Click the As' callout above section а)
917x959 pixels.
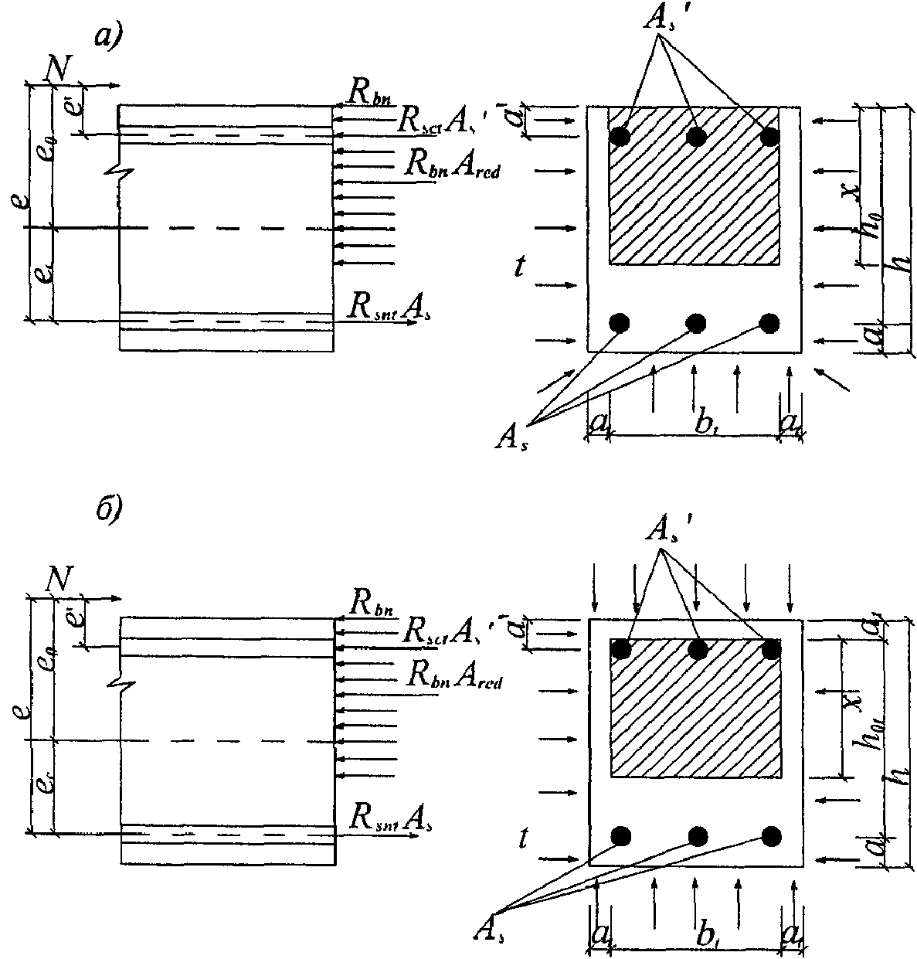coord(662,21)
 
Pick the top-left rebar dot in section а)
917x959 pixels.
coord(619,136)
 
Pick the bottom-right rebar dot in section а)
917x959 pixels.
coord(769,322)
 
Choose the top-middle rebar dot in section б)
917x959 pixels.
coord(698,650)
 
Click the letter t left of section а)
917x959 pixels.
coord(522,267)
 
